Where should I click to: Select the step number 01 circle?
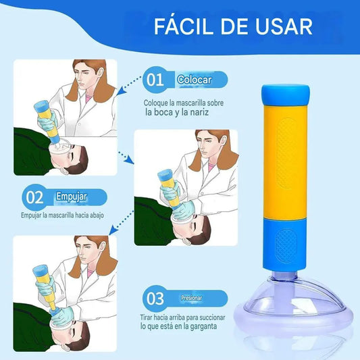pyautogui.click(x=155, y=80)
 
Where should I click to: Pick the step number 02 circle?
pyautogui.click(x=34, y=197)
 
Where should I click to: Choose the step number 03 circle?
pyautogui.click(x=155, y=299)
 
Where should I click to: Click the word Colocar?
pyautogui.click(x=195, y=80)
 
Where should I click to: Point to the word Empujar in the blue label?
pyautogui.click(x=72, y=197)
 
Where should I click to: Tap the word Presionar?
pyautogui.click(x=191, y=298)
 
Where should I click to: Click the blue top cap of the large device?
pyautogui.click(x=286, y=95)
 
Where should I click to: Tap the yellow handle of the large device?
pyautogui.click(x=285, y=163)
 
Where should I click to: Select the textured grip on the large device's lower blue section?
pyautogui.click(x=286, y=246)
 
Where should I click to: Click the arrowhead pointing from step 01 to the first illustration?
pyautogui.click(x=122, y=92)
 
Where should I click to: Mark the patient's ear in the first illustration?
pyautogui.click(x=64, y=171)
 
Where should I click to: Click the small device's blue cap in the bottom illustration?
pyautogui.click(x=40, y=269)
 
